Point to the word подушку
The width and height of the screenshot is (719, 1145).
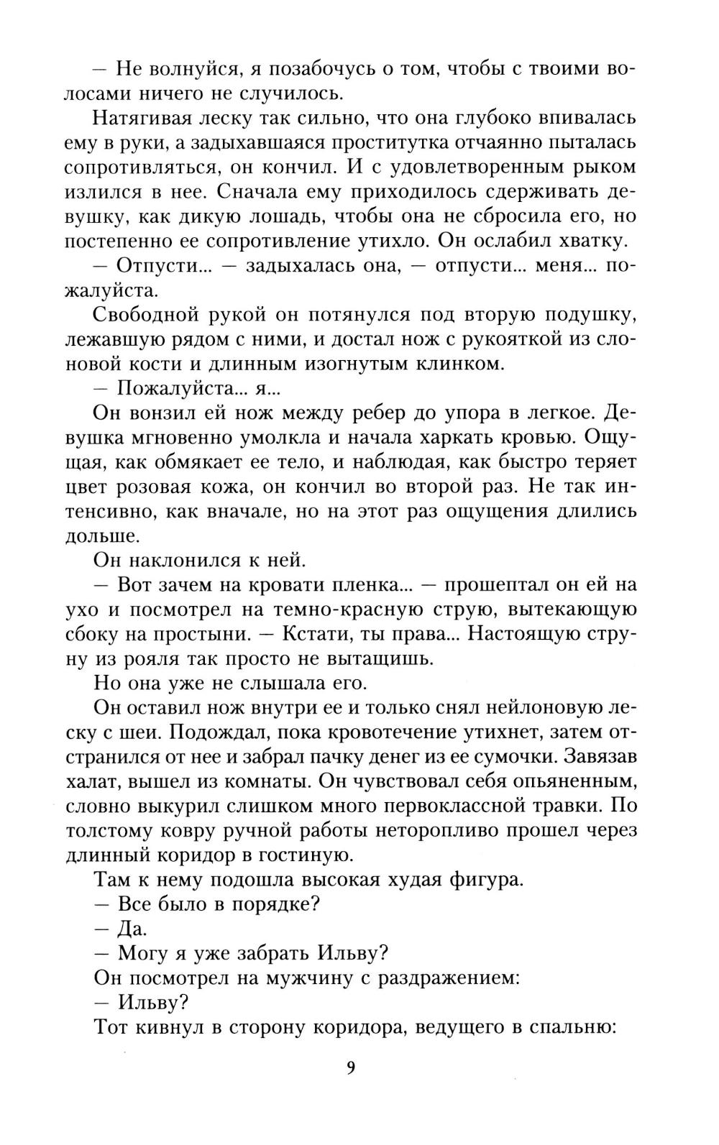click(590, 315)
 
